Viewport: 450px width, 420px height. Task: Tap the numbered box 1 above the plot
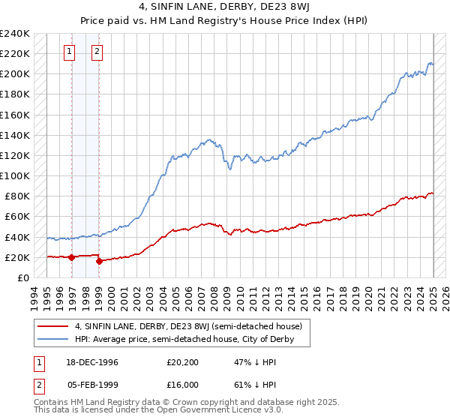[x=69, y=52]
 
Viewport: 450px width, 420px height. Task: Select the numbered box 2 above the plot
[x=97, y=52]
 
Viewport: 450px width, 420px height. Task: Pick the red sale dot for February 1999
[x=99, y=261]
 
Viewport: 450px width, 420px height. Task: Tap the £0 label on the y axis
[x=22, y=277]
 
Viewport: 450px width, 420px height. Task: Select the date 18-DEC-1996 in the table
[x=91, y=361]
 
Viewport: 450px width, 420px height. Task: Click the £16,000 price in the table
[x=183, y=384]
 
